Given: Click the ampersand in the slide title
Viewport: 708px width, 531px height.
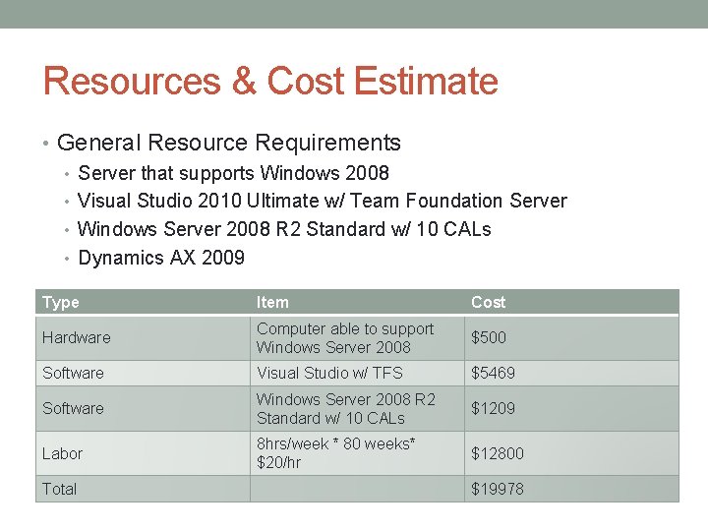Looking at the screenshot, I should tap(244, 81).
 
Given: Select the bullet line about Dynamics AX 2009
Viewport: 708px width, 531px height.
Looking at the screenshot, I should tap(160, 258).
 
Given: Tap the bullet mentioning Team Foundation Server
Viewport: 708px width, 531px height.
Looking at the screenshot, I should tap(322, 201).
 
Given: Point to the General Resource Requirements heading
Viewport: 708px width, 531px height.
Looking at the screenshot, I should tap(228, 143).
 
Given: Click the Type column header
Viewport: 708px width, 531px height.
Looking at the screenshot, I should tap(61, 302).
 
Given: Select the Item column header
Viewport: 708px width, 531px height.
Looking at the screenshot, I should tap(272, 302).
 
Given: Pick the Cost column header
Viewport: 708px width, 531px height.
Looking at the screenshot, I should tap(488, 302).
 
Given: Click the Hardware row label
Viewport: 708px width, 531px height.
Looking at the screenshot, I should tap(76, 337).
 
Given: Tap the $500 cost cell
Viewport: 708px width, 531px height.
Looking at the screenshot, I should tap(489, 337).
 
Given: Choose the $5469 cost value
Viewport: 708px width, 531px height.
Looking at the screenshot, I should tap(493, 373).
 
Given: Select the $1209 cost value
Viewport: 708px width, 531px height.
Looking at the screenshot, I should tap(493, 408).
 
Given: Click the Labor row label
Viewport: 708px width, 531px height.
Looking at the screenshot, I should tap(62, 453).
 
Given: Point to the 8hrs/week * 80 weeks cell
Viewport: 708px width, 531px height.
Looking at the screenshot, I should tap(335, 453).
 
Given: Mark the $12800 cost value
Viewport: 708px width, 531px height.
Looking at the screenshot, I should tap(498, 453).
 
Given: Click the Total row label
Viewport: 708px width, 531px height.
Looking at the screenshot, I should tap(59, 489).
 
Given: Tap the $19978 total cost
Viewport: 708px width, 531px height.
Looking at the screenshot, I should tap(498, 489).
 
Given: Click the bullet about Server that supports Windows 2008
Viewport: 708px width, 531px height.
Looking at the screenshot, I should tap(233, 173).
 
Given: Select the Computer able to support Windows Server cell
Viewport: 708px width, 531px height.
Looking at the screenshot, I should tap(344, 337).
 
